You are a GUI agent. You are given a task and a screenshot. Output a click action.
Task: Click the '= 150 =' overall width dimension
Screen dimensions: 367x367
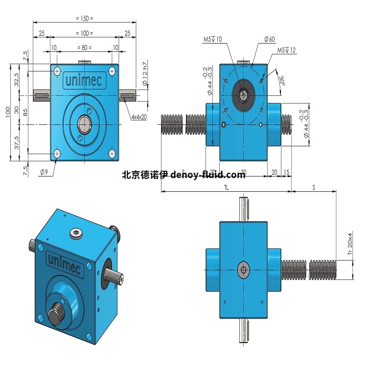(x=85, y=18)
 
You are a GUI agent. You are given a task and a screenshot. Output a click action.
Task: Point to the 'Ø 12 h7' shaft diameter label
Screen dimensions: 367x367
(x=144, y=73)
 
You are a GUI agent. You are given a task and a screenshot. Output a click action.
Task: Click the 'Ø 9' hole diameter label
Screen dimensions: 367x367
(x=43, y=171)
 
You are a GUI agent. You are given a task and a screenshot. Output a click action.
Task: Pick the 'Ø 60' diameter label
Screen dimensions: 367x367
(x=269, y=40)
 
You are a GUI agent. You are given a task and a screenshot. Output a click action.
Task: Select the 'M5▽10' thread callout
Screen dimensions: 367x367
(x=212, y=40)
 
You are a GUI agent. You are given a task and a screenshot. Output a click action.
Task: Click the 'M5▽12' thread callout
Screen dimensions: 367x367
(x=287, y=50)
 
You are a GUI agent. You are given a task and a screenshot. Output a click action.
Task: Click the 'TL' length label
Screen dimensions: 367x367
(x=226, y=187)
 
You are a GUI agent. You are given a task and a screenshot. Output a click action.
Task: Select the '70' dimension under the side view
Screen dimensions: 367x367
(x=243, y=172)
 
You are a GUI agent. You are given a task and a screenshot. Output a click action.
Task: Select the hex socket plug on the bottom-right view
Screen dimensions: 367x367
(x=243, y=269)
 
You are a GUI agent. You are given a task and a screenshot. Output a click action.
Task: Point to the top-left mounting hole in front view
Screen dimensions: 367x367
(x=57, y=70)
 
